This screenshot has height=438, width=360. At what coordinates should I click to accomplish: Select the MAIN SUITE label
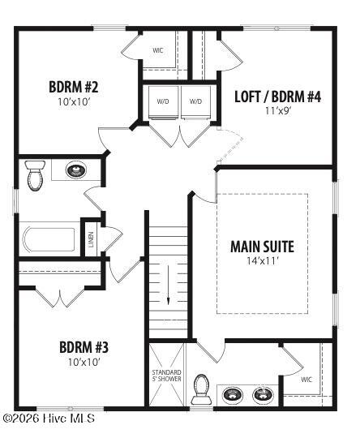262,247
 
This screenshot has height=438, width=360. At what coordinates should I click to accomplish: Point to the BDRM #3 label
84,347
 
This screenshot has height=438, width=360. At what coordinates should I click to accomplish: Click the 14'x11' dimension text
262,261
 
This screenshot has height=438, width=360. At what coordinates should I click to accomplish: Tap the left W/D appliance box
163,102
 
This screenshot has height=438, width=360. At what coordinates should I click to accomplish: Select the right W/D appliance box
195,102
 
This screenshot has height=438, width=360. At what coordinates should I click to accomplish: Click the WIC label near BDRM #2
158,50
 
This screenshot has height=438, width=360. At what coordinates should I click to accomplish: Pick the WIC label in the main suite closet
306,379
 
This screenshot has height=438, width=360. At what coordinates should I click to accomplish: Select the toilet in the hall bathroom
35,175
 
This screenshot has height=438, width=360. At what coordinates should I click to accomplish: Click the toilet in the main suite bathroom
201,392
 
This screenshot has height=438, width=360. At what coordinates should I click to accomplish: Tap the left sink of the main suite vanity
233,395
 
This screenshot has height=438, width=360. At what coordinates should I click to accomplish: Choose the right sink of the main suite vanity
262,395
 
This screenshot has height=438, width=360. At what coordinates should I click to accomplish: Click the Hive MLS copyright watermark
49,419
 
